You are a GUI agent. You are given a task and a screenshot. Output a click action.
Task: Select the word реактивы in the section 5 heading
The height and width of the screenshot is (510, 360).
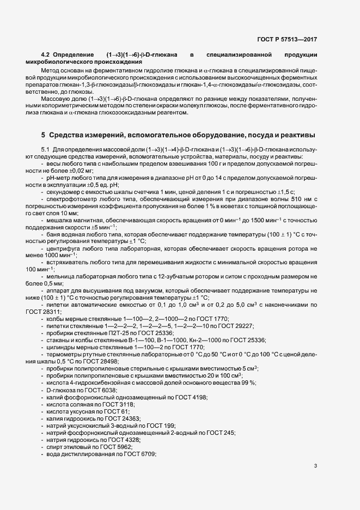point(300,135)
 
